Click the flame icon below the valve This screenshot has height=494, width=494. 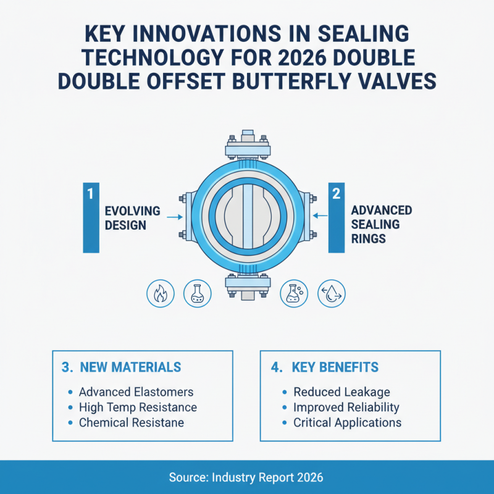tap(160, 293)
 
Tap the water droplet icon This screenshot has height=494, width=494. tap(331, 293)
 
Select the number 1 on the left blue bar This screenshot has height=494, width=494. tap(90, 194)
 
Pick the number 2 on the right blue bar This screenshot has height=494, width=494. tap(337, 194)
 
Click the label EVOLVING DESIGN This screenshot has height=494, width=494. tap(132, 218)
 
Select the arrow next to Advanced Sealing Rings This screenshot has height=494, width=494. tap(319, 216)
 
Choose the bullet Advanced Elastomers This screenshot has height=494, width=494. tap(136, 392)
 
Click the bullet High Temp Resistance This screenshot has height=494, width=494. tap(138, 408)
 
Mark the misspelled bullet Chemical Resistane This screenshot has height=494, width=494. tap(131, 423)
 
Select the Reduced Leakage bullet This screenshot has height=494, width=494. tap(341, 392)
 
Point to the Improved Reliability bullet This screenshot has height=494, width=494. tap(346, 408)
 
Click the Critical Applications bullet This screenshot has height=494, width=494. tap(347, 423)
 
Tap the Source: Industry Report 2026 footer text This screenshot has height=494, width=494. tap(246, 477)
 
